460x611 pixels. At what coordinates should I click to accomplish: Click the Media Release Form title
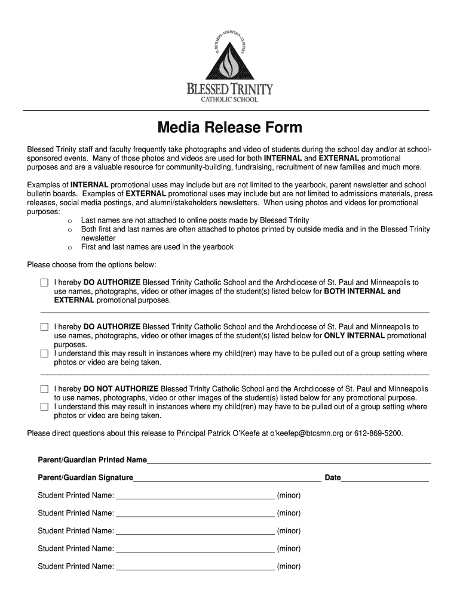tap(229, 128)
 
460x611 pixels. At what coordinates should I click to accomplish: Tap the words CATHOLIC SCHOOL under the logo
tap(229, 100)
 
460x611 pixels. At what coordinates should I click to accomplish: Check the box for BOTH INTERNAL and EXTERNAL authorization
tap(44, 282)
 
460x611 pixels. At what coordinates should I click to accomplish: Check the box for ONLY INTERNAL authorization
tap(44, 327)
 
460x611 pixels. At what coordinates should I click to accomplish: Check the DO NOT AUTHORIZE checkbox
tap(44, 389)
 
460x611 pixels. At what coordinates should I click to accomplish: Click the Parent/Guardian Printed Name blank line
tap(289, 460)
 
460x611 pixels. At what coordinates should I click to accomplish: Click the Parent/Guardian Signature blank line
tap(227, 478)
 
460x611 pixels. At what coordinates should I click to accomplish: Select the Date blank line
tap(385, 478)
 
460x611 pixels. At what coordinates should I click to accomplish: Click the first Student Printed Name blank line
tap(195, 495)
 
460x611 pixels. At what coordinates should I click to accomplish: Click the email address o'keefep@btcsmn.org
tap(306, 433)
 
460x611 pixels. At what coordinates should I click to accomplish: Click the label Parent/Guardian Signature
tap(85, 478)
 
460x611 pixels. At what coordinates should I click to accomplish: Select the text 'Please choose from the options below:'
tap(92, 265)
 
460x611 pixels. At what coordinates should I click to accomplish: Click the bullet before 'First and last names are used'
tap(70, 248)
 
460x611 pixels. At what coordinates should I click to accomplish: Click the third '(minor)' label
tap(289, 531)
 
